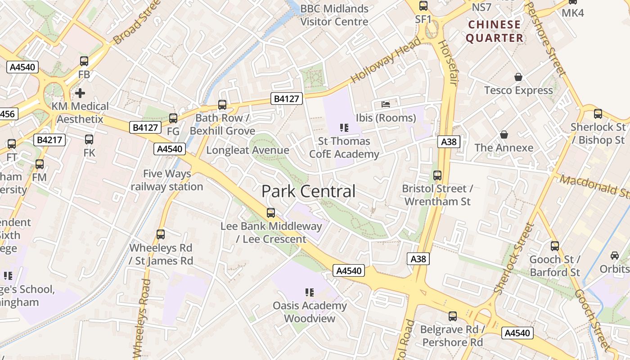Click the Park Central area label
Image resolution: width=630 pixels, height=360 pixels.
coord(308,191)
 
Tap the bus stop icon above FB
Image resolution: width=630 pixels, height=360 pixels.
coord(84,61)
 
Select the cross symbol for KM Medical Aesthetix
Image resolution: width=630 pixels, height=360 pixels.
coord(80,93)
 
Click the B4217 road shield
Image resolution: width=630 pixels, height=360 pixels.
coord(51,140)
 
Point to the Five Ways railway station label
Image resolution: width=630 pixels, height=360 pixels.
coord(167,180)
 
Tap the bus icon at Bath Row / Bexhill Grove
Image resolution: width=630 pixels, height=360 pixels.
coord(222,105)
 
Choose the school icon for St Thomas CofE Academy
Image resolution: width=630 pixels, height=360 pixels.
coord(344,128)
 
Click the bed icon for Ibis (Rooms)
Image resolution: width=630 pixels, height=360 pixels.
coord(386,104)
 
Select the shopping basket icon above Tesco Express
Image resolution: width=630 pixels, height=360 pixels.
coord(518,77)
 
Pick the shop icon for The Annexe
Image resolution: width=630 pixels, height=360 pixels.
coord(504,135)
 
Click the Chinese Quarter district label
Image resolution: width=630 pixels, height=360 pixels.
coord(495,31)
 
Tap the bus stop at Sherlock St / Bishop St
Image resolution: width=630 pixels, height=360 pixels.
coord(598,114)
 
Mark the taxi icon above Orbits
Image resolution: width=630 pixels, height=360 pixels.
coord(614,256)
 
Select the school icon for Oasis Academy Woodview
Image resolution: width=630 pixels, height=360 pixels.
coord(309,292)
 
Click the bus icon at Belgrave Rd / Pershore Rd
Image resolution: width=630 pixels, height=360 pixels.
coord(452,316)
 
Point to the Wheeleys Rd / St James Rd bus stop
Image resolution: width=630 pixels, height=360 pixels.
coord(161,234)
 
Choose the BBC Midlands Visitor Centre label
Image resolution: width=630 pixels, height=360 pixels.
coord(334,15)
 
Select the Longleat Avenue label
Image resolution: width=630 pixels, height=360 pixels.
coord(247,150)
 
